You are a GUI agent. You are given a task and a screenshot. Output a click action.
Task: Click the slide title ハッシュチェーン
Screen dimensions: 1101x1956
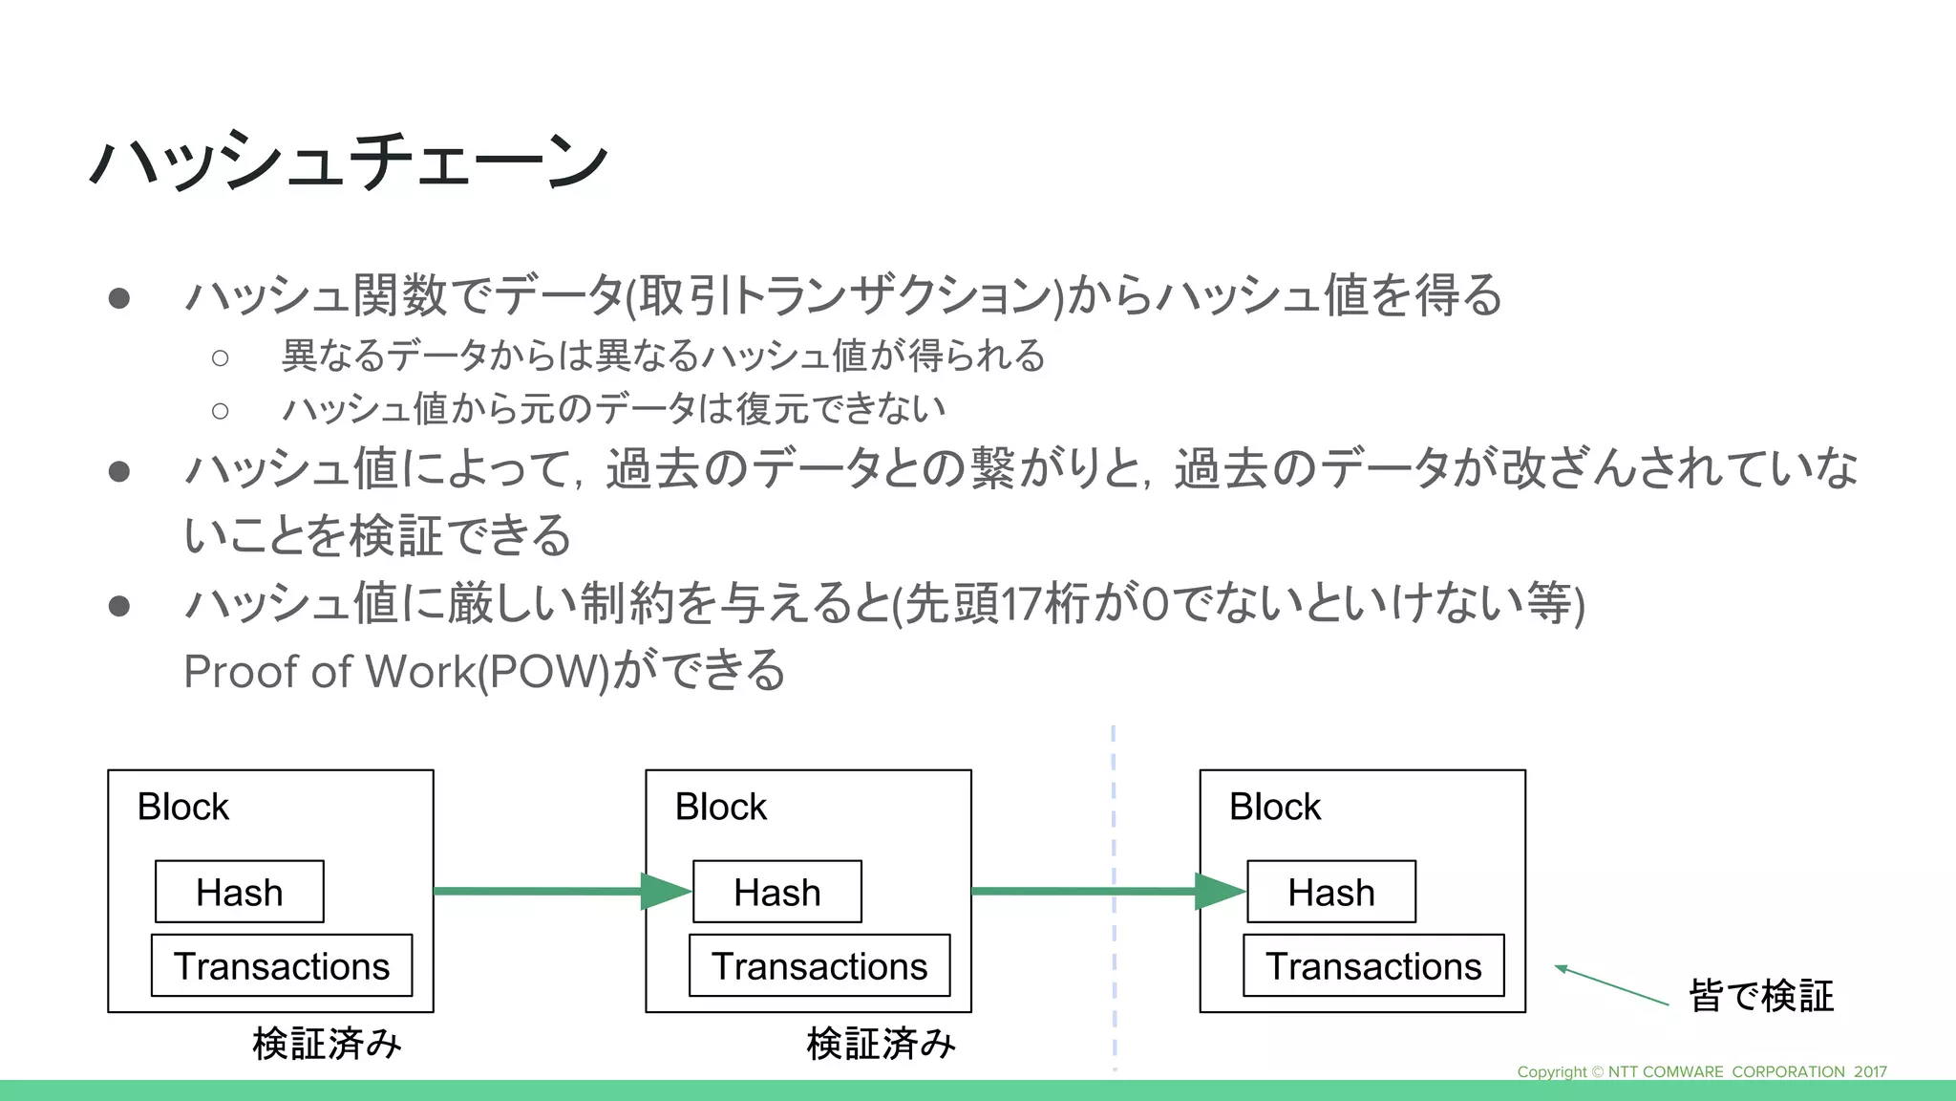point(349,161)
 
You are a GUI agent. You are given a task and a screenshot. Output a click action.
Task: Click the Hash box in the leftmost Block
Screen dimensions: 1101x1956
point(239,892)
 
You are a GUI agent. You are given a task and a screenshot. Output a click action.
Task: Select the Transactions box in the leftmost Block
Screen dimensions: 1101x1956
point(282,965)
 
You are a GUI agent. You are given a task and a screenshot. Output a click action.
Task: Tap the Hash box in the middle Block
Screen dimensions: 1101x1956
point(776,892)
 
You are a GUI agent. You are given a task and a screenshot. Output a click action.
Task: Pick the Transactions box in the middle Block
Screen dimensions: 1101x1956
point(819,965)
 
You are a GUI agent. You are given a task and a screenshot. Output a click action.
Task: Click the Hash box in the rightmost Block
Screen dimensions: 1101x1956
point(1330,892)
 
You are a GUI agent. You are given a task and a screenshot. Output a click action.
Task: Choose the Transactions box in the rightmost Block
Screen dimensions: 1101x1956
point(1373,965)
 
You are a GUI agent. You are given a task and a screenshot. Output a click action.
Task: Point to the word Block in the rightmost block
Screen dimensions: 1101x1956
point(1274,807)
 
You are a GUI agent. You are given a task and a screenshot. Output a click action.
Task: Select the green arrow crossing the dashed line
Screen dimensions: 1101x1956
point(1089,892)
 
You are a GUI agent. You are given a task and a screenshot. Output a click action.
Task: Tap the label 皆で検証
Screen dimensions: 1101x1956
point(1760,996)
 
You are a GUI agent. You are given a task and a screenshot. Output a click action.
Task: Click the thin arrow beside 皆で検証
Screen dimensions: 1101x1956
point(1612,985)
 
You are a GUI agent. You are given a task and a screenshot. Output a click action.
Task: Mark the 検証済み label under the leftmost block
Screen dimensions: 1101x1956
point(327,1044)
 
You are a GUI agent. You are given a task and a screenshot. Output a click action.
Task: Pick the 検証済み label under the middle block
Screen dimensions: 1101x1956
point(881,1044)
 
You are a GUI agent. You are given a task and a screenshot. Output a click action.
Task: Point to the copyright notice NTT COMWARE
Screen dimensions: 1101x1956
point(1701,1071)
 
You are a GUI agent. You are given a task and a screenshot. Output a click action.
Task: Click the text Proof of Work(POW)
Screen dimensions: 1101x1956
point(396,671)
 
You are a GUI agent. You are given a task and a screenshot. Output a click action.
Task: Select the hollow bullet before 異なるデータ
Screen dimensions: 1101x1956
point(221,357)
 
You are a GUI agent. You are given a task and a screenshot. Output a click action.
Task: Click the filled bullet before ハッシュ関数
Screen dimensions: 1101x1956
point(119,298)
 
